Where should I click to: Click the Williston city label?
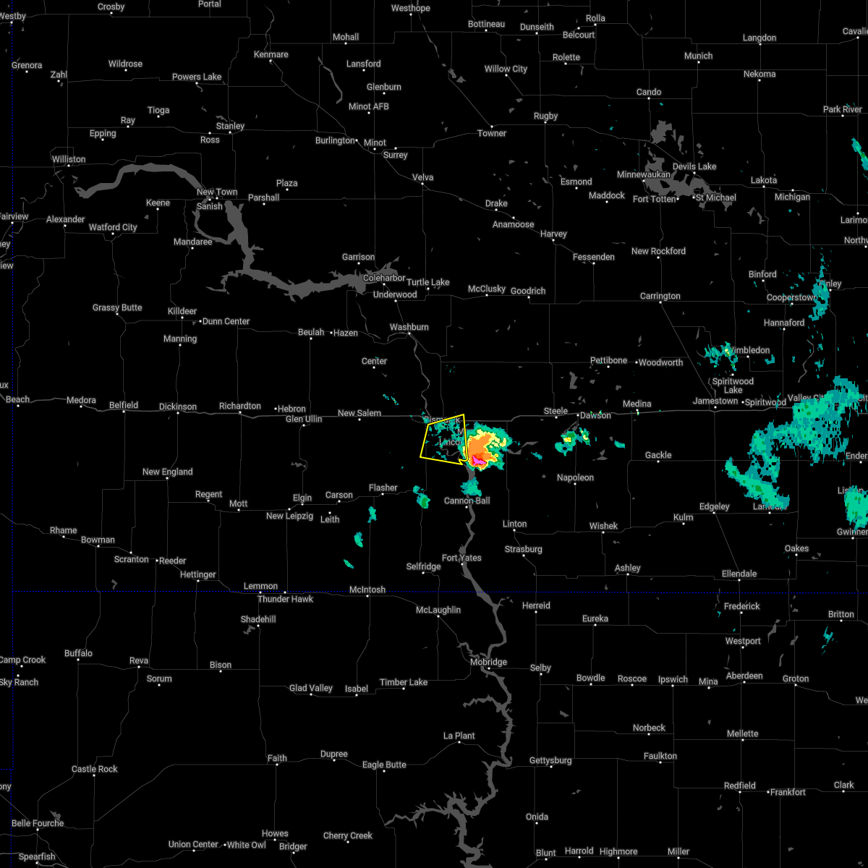[x=69, y=159]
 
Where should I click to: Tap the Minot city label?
[x=375, y=142]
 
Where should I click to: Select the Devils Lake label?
[x=694, y=166]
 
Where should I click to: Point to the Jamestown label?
[x=715, y=401]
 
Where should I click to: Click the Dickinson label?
[x=177, y=407]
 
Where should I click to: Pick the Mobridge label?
[x=488, y=662]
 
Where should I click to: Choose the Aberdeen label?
[x=744, y=676]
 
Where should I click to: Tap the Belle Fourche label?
[x=38, y=823]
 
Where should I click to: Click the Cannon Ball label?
[x=467, y=501]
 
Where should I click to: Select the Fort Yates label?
[x=461, y=558]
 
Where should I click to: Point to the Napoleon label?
[x=575, y=477]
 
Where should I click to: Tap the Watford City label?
[x=113, y=227]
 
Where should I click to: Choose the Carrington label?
[x=660, y=296]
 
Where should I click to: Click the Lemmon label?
[x=260, y=586]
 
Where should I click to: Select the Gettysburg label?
[x=550, y=760]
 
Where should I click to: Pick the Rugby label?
[x=545, y=116]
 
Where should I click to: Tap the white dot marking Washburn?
[x=409, y=334]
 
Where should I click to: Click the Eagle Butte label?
[x=384, y=765]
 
